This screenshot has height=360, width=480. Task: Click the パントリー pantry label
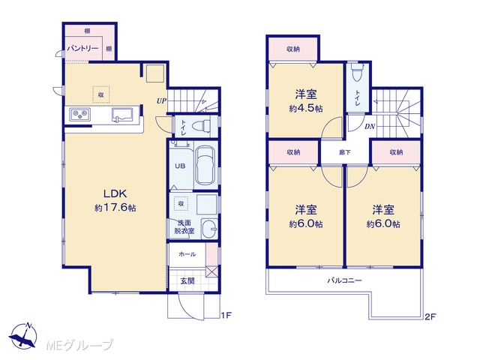(x=82, y=48)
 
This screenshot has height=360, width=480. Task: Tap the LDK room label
(x=115, y=193)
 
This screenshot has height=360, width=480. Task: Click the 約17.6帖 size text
(x=115, y=208)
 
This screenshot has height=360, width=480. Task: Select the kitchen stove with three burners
(x=80, y=114)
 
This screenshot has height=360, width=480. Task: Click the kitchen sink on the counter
(x=121, y=115)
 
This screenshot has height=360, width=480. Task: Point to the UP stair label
(x=161, y=100)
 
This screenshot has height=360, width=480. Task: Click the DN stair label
(x=370, y=126)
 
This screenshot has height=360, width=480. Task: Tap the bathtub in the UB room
(x=205, y=166)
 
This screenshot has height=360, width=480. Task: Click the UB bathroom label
(x=180, y=166)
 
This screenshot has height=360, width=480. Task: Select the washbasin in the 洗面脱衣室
(x=209, y=228)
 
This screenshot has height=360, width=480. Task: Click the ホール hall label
(x=187, y=254)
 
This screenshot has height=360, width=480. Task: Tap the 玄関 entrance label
(x=187, y=280)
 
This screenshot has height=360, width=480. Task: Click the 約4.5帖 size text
(x=306, y=108)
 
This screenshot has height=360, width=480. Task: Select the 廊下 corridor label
(x=344, y=152)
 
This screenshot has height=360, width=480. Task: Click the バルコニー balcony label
(x=345, y=280)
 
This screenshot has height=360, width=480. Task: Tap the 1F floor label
(x=226, y=315)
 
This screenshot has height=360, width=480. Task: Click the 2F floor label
(x=430, y=316)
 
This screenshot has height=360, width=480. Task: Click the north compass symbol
(x=23, y=336)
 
